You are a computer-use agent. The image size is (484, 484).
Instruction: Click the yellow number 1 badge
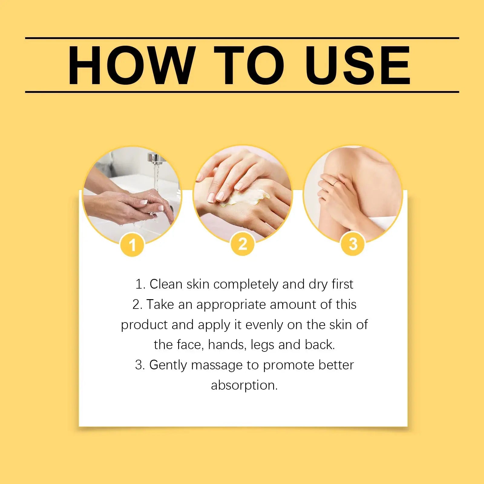(x=132, y=244)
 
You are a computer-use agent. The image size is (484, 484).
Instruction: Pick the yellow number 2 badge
(x=243, y=244)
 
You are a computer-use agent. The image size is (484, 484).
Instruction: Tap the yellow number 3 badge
(x=353, y=244)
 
